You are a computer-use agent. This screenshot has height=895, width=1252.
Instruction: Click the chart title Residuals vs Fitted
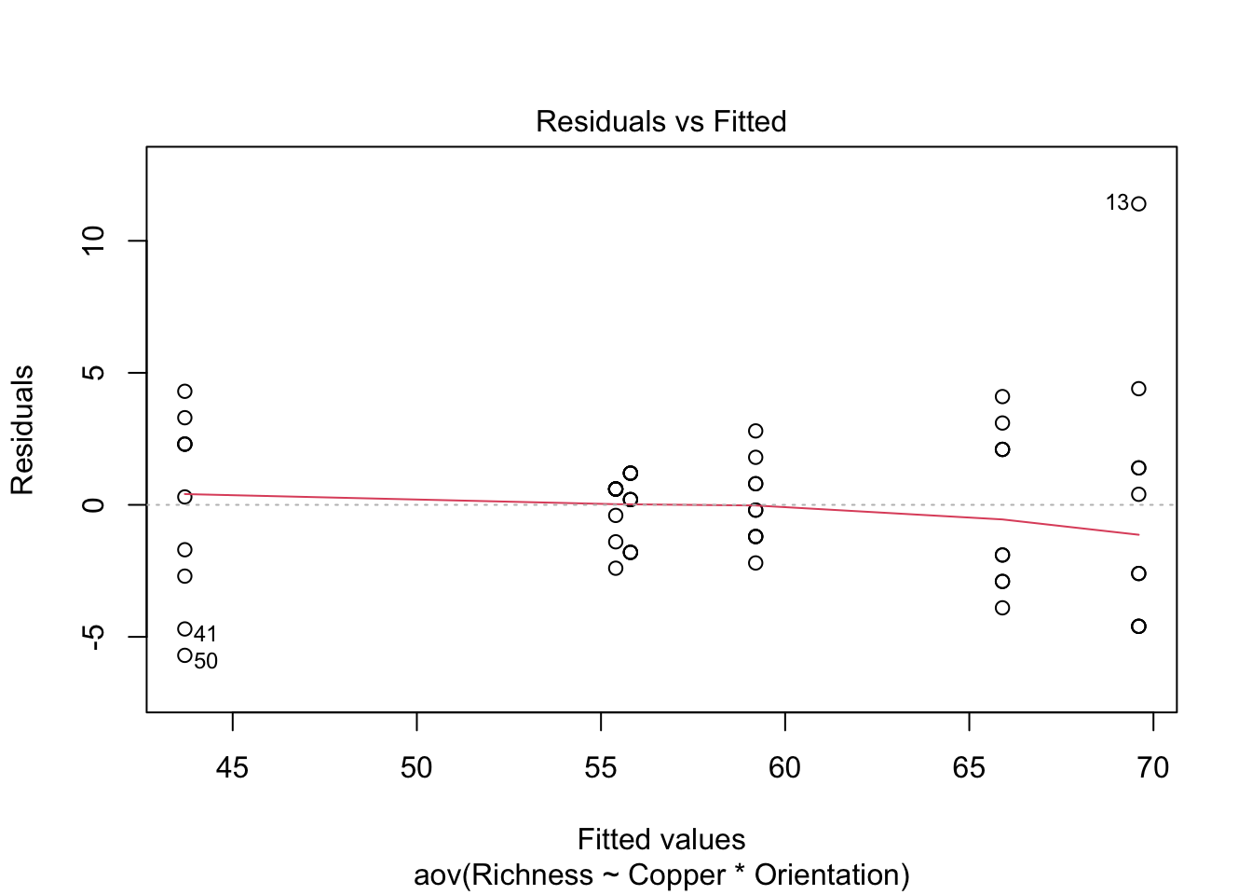(x=660, y=121)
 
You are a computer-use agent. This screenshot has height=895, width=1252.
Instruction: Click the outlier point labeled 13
(x=1138, y=203)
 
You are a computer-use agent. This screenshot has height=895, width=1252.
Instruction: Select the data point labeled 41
(x=184, y=629)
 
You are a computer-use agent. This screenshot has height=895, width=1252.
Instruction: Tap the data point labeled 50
(x=184, y=655)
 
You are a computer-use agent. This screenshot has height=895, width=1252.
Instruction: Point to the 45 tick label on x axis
(x=232, y=767)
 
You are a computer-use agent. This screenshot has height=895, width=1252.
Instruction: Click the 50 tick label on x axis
(x=416, y=767)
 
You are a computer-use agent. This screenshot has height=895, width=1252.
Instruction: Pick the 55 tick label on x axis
(x=601, y=767)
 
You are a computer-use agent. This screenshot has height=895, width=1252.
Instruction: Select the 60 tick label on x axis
(x=784, y=767)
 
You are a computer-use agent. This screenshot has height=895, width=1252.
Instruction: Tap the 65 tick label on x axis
(x=969, y=767)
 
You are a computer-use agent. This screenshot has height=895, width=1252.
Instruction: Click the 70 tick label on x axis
(x=1153, y=767)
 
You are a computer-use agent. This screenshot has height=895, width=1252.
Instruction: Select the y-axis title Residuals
(x=22, y=430)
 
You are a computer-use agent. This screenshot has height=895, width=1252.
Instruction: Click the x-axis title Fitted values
(x=660, y=839)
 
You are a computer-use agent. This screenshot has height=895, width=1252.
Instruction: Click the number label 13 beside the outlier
(x=1117, y=202)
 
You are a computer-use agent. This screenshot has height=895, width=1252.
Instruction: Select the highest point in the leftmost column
(x=184, y=392)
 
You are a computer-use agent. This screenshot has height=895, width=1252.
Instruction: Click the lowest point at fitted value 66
(x=1002, y=608)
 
